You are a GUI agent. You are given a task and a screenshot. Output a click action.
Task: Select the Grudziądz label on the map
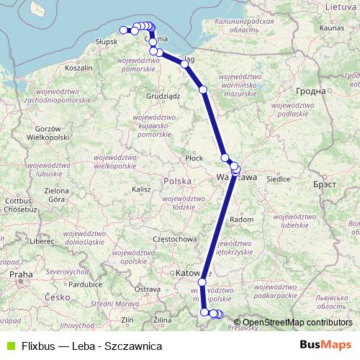click(x=162, y=95)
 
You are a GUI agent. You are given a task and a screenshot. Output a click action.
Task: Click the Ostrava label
click(x=147, y=289)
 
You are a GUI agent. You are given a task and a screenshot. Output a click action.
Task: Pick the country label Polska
click(x=177, y=181)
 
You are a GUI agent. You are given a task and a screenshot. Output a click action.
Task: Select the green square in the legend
click(x=9, y=345)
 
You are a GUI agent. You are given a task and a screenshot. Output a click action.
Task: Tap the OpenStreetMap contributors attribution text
click(x=297, y=323)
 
